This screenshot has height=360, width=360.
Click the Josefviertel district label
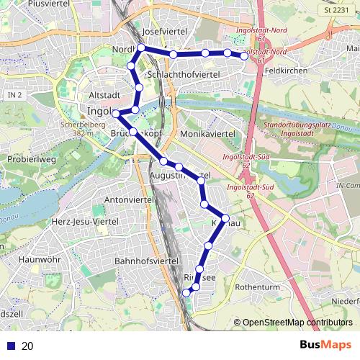coord(165,32)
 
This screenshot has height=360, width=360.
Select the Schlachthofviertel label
coord(182,74)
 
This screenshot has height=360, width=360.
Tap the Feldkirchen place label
coord(286,71)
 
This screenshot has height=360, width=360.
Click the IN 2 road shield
coord(14,95)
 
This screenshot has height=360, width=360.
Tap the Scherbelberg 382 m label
coord(79,128)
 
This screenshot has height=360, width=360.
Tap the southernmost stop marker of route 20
coord(186,292)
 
